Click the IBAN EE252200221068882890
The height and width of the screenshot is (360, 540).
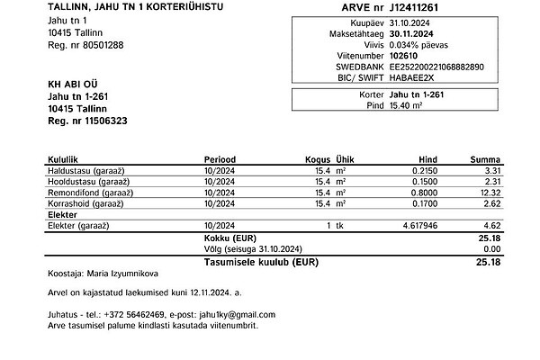(x=436, y=67)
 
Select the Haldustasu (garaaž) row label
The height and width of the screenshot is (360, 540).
(x=85, y=170)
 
